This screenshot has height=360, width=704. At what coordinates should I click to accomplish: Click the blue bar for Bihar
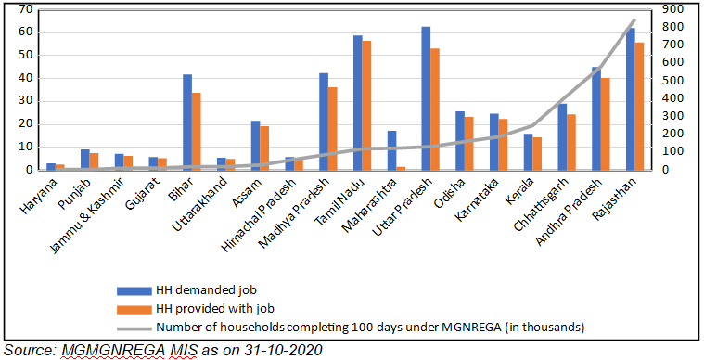(187, 122)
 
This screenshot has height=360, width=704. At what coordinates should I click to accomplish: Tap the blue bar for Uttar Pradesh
(426, 97)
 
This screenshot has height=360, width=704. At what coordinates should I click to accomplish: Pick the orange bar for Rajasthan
(640, 106)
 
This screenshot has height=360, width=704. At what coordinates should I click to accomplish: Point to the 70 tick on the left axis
(25, 9)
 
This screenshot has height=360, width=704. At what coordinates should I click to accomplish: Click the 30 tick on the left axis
(25, 101)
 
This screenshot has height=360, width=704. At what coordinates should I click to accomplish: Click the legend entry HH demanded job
(199, 290)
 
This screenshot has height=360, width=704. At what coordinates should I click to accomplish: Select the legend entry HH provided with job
(206, 308)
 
